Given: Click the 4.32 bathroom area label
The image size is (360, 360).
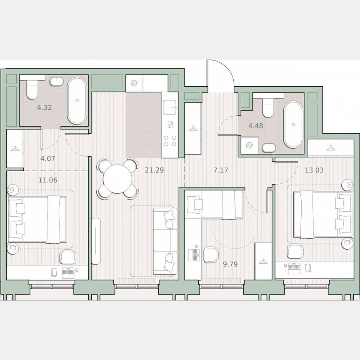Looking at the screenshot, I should coord(44,107).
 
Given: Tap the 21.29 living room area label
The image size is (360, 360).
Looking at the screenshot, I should coord(153,170).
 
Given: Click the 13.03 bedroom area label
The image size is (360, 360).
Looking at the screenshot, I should coord(314,170).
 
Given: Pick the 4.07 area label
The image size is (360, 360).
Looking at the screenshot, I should coord(47,158).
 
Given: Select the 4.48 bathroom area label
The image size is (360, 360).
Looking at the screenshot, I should coord(255,125).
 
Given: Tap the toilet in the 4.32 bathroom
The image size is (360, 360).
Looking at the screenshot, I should coord(32,89).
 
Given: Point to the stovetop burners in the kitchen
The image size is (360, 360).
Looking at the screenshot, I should coord(170,141).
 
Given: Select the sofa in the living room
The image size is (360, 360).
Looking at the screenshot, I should coord(165,241).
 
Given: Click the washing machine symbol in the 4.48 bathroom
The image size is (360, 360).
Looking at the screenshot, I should coord(250,145).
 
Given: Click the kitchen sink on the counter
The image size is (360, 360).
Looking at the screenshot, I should coord(170,107).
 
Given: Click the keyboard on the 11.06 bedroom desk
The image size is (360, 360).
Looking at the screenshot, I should coord(68,273).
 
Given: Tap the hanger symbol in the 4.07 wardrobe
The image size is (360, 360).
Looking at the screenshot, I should coord(15,149).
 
